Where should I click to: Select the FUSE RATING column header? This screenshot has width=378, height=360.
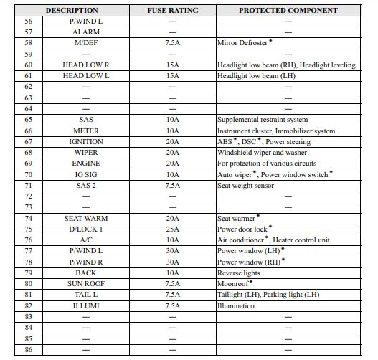click(172, 11)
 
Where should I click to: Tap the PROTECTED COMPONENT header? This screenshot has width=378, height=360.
click(288, 11)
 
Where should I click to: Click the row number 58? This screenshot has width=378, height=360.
click(29, 43)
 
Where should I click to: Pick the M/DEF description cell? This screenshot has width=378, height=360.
click(86, 43)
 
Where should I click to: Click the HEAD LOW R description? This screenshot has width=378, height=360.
click(86, 65)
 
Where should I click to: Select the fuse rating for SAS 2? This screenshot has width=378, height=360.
click(172, 185)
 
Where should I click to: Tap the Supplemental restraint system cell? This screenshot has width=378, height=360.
click(262, 120)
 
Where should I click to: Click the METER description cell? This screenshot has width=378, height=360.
click(86, 131)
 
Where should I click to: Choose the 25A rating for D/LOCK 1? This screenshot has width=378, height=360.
click(172, 229)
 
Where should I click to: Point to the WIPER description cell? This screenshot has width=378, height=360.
click(86, 153)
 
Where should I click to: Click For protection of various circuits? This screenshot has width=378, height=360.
click(266, 164)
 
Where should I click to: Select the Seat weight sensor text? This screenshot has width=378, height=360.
click(245, 185)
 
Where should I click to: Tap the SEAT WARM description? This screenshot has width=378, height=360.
click(86, 218)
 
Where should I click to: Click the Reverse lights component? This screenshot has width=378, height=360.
click(240, 273)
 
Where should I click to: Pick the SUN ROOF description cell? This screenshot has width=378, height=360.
click(86, 283)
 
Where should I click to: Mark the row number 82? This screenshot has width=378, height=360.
click(29, 305)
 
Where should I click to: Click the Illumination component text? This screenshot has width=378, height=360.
click(236, 305)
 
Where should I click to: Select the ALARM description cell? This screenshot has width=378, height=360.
click(86, 32)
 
